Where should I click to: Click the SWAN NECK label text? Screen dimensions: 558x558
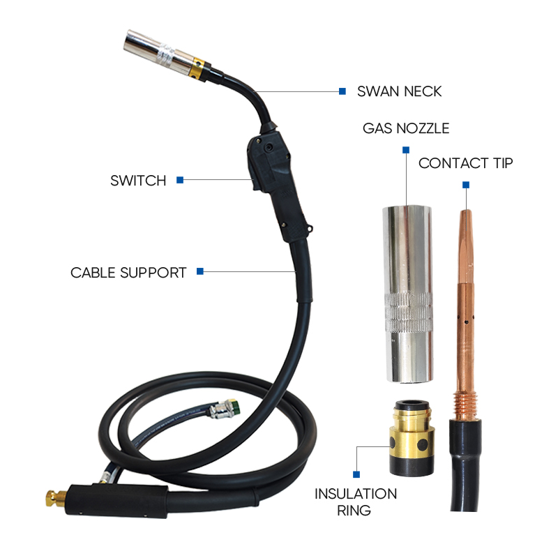[399, 91]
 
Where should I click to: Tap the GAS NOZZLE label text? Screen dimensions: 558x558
[406, 129]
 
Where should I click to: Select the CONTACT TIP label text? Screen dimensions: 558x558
[465, 164]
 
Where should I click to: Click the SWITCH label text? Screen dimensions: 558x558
[138, 181]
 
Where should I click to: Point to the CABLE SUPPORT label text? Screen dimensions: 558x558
[128, 273]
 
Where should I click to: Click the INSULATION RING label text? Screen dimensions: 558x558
[356, 502]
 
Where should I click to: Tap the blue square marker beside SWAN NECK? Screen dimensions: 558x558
[342, 91]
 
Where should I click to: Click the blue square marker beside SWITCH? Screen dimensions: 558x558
[180, 180]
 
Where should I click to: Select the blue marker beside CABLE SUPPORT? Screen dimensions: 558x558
[200, 271]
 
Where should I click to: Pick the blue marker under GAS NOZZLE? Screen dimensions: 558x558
[406, 149]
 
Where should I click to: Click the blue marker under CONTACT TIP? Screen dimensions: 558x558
[465, 185]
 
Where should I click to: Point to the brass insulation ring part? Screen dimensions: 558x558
[408, 436]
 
